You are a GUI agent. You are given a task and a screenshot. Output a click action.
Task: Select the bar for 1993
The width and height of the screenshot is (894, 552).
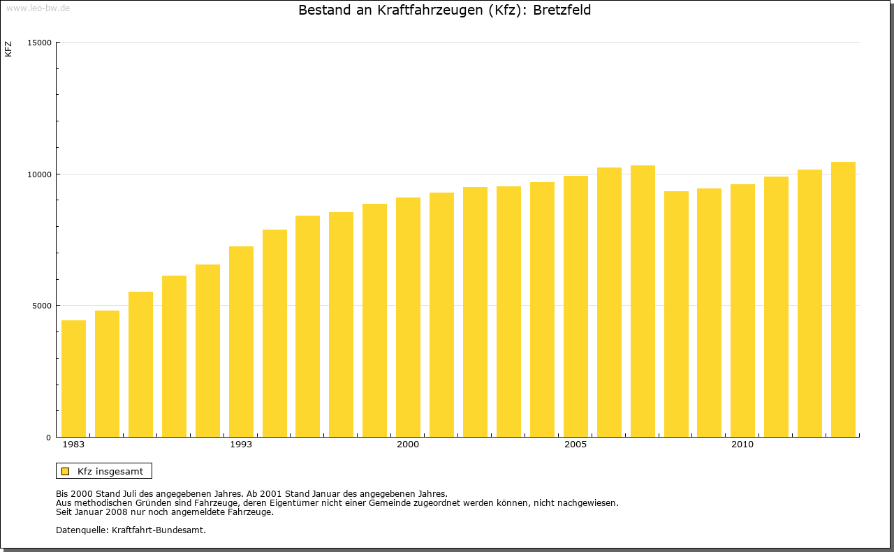click(241, 341)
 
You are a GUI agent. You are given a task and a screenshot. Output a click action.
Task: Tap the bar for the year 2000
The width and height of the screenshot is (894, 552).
click(408, 317)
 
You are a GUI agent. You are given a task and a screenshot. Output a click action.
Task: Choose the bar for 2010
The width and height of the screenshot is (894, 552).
click(742, 310)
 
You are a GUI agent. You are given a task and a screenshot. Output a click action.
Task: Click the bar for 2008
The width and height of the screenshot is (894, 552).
click(676, 313)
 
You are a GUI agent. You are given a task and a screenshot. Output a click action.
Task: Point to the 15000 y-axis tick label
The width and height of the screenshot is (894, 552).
click(39, 43)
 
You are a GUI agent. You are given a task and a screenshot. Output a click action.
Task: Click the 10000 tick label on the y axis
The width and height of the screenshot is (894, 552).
click(39, 174)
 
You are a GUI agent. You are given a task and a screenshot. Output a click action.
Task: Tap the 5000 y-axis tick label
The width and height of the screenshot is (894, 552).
click(42, 306)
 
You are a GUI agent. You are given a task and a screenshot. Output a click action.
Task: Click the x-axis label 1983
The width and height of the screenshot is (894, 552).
click(73, 445)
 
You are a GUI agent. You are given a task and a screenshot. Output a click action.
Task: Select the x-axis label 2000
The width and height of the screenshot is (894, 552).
click(408, 445)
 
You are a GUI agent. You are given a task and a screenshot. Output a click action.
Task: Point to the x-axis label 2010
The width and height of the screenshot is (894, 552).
click(742, 445)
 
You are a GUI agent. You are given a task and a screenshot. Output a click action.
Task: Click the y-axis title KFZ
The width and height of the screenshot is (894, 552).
click(8, 49)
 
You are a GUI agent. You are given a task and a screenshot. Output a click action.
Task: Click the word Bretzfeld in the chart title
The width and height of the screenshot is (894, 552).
click(562, 10)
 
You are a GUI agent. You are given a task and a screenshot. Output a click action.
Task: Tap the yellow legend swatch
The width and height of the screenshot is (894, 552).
click(66, 471)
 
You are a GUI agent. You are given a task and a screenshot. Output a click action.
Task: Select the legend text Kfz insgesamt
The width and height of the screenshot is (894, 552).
click(110, 471)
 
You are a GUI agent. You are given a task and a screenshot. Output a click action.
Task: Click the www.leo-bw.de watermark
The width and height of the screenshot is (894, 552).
click(38, 8)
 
